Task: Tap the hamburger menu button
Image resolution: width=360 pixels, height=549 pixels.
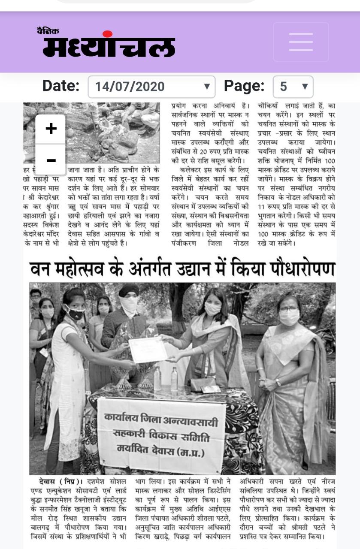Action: click(300, 42)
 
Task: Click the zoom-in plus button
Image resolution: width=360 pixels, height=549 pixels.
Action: click(51, 129)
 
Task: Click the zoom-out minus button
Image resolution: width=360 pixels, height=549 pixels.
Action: click(51, 160)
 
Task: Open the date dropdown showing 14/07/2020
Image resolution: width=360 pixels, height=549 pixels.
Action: click(151, 87)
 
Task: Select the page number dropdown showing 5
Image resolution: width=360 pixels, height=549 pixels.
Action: click(293, 87)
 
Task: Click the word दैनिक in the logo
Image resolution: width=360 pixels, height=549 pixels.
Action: click(48, 31)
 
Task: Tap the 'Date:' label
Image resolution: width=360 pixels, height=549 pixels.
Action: click(61, 86)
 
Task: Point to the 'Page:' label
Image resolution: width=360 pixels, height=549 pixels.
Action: click(244, 86)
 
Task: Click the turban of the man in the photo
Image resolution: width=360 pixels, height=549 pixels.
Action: click(129, 291)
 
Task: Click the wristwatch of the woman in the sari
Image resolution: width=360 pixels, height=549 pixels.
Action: click(278, 382)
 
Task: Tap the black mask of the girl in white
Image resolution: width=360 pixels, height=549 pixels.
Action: click(76, 314)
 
